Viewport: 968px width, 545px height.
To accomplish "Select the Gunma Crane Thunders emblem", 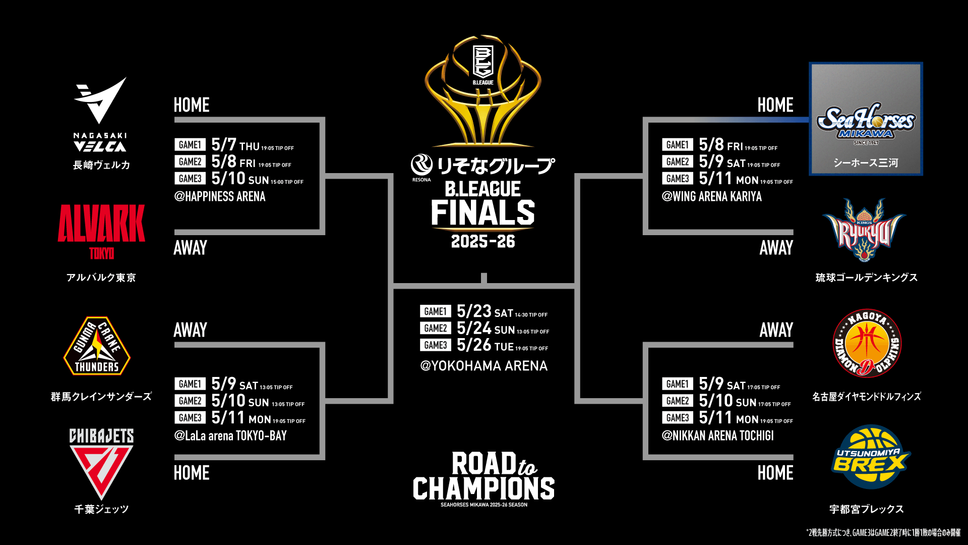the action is point(97,346).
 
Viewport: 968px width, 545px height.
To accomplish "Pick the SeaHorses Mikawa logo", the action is point(866,124).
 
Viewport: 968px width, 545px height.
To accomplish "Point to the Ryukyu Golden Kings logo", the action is point(864,230).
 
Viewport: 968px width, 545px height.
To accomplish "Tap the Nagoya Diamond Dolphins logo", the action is point(867,343).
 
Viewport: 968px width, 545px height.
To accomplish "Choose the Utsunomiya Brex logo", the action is point(870,457).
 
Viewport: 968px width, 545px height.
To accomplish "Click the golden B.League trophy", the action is point(483,91).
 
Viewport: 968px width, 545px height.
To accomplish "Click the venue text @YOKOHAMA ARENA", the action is point(484,366).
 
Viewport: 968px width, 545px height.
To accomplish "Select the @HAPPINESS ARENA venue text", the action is point(220,196).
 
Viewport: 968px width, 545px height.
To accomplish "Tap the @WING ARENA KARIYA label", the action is point(712,196).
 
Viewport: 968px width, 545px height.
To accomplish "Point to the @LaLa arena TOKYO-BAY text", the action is point(230,435).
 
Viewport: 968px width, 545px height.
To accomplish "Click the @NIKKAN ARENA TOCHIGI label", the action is point(718,435).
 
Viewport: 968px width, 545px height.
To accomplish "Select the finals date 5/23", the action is point(474,311).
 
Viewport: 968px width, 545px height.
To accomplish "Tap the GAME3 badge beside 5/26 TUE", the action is point(436,345).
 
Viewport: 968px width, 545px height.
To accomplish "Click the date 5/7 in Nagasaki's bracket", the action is point(224,145).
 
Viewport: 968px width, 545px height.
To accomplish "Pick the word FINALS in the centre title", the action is point(483,212).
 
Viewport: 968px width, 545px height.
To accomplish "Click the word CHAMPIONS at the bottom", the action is point(483,488).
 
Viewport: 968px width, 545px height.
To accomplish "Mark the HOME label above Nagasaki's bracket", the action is point(192,105).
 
